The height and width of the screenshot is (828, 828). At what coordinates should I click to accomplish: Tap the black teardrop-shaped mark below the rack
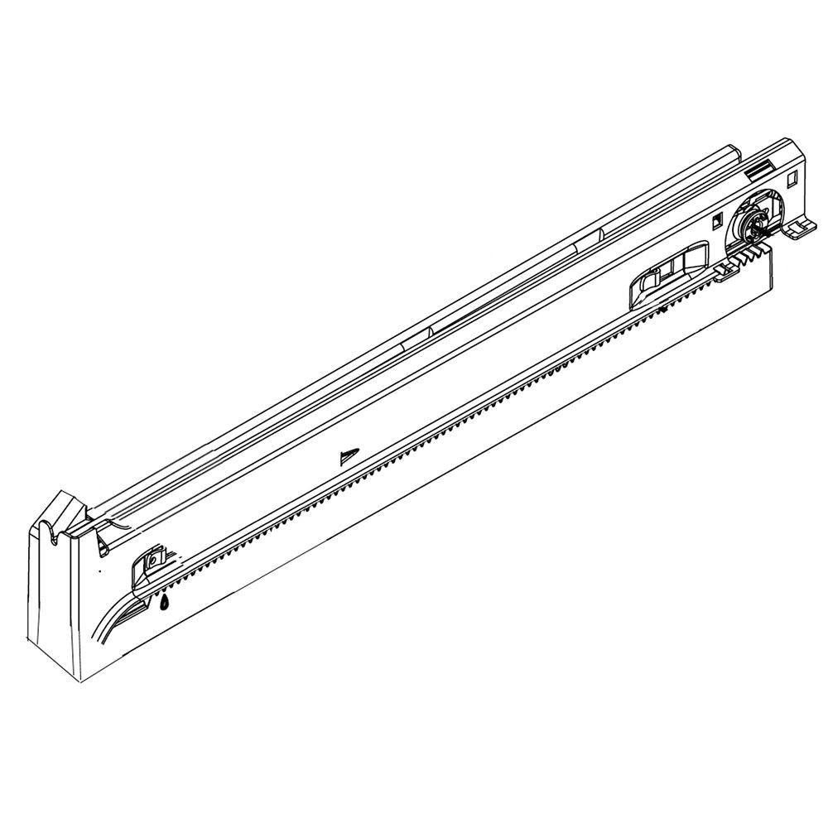pyautogui.click(x=165, y=603)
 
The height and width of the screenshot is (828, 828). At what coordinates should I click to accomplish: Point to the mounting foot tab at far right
pyautogui.click(x=797, y=231)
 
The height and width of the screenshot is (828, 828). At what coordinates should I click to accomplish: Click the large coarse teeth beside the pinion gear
pyautogui.click(x=749, y=253)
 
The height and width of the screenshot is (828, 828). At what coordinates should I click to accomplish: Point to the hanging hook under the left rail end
pyautogui.click(x=100, y=544)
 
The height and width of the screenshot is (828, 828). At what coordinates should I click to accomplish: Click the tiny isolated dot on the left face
pyautogui.click(x=100, y=572)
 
